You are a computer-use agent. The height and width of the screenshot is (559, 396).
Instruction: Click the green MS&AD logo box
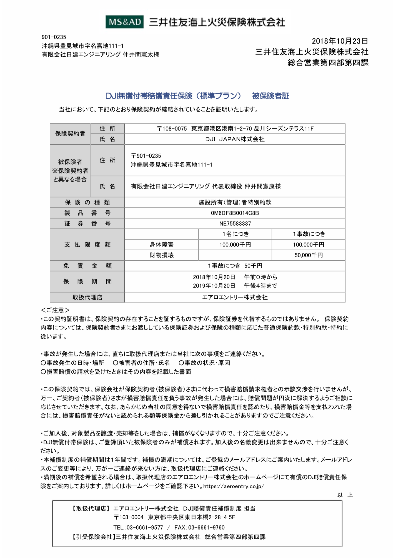[x=124, y=22]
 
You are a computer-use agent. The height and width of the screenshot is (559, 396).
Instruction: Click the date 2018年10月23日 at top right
[x=340, y=41]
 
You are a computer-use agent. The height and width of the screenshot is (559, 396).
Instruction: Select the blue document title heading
[x=197, y=96]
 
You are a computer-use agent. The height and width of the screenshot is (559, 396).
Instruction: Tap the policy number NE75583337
[x=235, y=224]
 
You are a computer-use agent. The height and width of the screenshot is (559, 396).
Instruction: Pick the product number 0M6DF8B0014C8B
[x=235, y=213]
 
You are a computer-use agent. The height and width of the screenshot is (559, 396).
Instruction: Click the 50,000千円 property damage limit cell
[x=309, y=255]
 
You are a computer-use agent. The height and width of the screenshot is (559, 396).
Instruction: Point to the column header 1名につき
[x=235, y=234]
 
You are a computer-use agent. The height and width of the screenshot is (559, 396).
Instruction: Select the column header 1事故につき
[x=309, y=234]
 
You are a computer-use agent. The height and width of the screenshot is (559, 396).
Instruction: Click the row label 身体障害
[x=161, y=245]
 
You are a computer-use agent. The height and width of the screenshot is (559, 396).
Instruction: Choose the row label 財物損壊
[x=161, y=255]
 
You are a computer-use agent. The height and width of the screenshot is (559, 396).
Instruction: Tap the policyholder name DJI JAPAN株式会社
[x=235, y=139]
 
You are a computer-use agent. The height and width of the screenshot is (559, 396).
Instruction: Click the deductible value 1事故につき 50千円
[x=235, y=266]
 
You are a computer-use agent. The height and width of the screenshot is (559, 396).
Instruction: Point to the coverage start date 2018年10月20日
[x=214, y=277]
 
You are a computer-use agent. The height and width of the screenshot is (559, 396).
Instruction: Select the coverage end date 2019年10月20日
[x=214, y=286]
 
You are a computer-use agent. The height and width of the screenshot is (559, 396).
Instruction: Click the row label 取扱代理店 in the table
[x=87, y=298]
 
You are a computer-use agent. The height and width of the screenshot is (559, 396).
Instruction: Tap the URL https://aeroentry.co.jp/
[x=234, y=486]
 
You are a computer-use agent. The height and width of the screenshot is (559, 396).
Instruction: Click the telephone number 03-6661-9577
[x=144, y=527]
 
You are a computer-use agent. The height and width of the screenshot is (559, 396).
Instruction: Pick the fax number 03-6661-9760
[x=206, y=527]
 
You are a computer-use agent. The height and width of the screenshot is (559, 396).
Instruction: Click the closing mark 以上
[x=345, y=495]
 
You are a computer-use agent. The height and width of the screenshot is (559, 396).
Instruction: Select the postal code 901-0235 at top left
[x=54, y=37]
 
